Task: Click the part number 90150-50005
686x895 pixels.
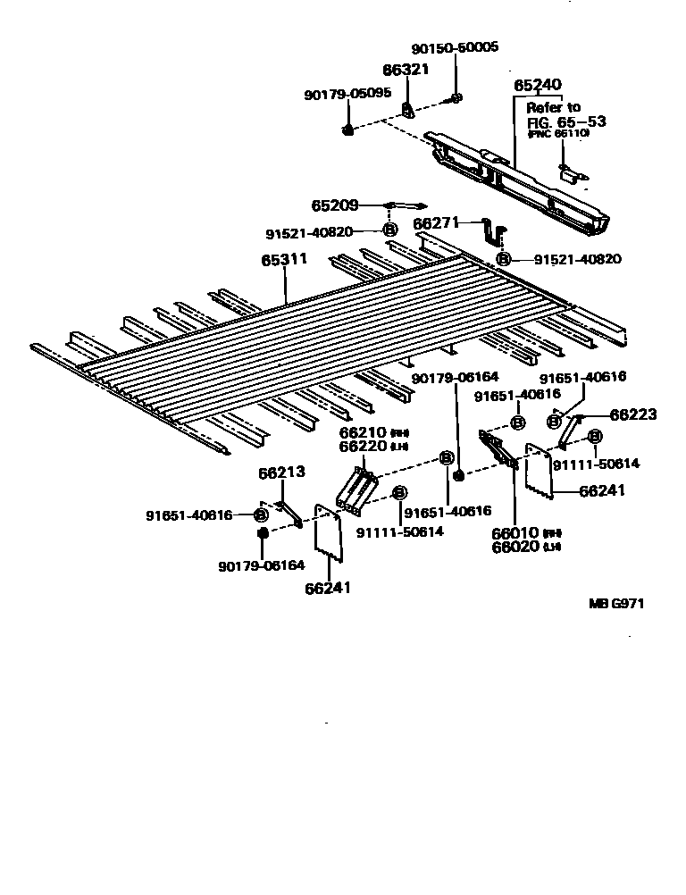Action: [x=455, y=48]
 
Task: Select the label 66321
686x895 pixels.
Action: [x=406, y=70]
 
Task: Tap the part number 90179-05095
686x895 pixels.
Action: [x=347, y=93]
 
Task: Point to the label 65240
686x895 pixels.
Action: [x=538, y=86]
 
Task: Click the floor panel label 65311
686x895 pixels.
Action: [x=284, y=260]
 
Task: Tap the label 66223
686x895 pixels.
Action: [x=633, y=414]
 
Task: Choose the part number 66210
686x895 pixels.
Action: [x=359, y=432]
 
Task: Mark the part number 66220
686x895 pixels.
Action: [x=359, y=446]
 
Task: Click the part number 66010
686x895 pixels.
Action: [x=514, y=533]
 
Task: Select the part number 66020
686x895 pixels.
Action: [x=514, y=547]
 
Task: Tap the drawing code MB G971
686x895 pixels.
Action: [x=615, y=603]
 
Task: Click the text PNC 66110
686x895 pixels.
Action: [x=558, y=134]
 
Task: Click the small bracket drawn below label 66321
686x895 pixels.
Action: [x=408, y=110]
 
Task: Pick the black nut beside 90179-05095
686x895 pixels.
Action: [x=347, y=131]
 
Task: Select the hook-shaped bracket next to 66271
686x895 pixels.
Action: [x=491, y=231]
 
